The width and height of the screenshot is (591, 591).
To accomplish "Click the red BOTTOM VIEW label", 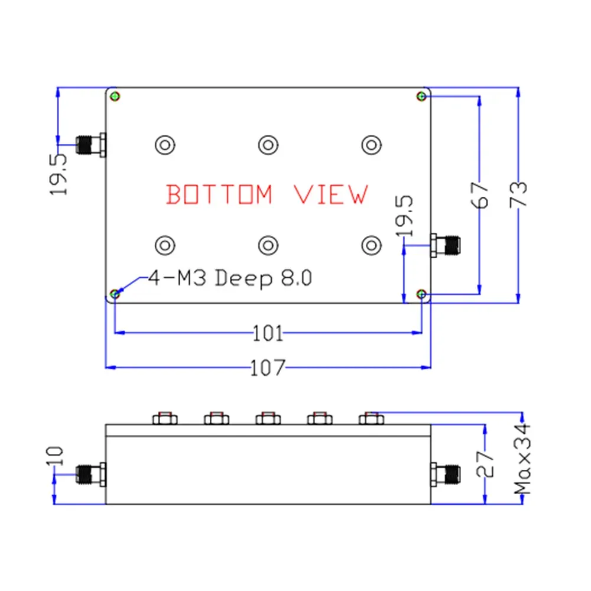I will [267, 194].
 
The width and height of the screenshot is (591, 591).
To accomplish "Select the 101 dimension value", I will [268, 334].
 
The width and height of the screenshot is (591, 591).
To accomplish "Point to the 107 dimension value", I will [268, 368].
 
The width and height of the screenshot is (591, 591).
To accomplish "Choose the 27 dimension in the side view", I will [485, 463].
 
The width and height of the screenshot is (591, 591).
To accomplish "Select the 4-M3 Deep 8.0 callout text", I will [229, 278].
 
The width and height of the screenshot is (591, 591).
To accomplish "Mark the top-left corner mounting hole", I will [116, 96].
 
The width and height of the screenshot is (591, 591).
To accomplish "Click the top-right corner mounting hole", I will [421, 96].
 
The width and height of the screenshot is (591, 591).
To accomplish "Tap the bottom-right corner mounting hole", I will [421, 294].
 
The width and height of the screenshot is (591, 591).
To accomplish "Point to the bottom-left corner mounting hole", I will [116, 294].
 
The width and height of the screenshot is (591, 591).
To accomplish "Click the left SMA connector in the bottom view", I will [90, 144].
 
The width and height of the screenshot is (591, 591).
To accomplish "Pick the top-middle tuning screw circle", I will [268, 144].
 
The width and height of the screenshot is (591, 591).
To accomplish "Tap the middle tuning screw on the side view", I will [268, 418].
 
